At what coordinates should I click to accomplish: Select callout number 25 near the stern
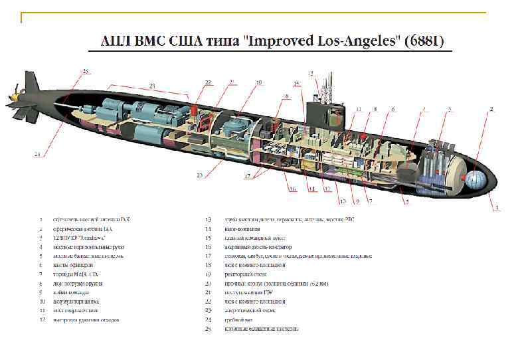tap(85, 71)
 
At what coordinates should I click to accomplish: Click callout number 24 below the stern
tap(37, 155)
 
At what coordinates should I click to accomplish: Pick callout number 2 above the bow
tap(491, 108)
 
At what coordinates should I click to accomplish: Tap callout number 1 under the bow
tap(496, 208)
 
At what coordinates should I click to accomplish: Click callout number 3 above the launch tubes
tap(450, 108)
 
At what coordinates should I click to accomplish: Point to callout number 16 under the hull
tap(292, 189)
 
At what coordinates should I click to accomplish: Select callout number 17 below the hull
tap(247, 177)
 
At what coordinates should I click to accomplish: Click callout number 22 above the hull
tap(208, 83)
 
